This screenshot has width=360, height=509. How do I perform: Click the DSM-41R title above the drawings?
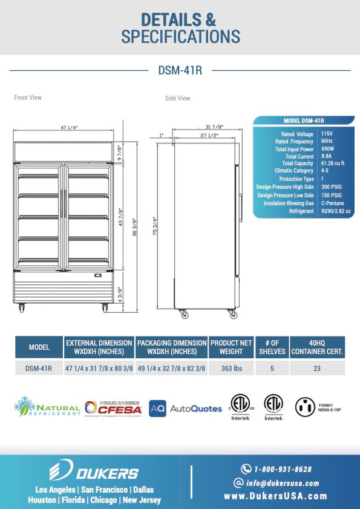click(x=180, y=71)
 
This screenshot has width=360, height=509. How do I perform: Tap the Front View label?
click(x=28, y=97)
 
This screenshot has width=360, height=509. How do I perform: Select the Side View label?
click(x=177, y=98)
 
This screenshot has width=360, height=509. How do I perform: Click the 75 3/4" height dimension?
click(x=155, y=228)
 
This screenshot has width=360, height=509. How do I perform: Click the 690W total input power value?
click(x=327, y=149)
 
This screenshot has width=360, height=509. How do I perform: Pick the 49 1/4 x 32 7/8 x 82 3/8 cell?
click(x=172, y=368)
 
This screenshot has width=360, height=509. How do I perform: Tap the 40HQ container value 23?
click(x=317, y=368)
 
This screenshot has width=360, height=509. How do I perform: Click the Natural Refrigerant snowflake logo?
click(x=23, y=407)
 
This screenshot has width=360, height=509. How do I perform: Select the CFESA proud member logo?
click(x=113, y=408)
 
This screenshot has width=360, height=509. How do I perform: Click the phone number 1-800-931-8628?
click(x=283, y=469)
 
